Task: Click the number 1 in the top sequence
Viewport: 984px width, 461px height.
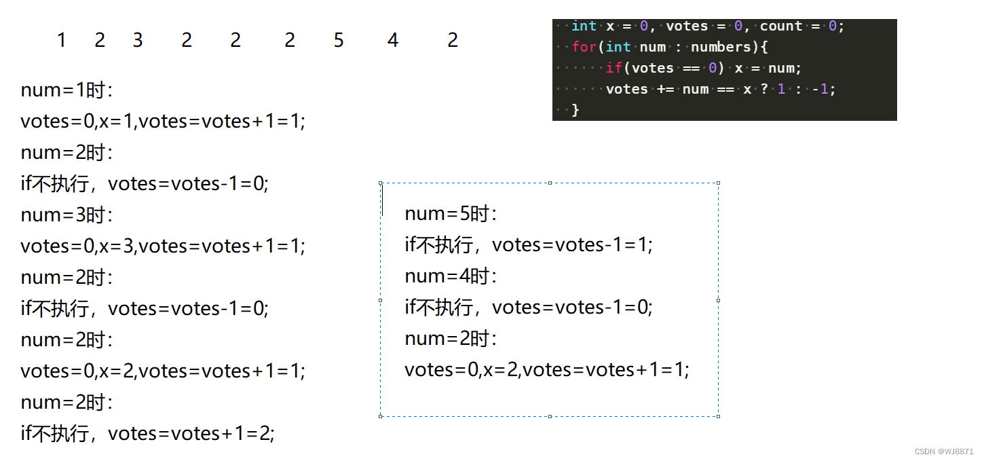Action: click(x=61, y=41)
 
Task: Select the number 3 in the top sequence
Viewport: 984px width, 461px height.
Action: click(x=138, y=41)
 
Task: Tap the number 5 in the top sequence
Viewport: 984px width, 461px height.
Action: click(x=339, y=41)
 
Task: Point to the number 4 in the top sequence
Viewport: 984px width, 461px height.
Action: click(x=393, y=41)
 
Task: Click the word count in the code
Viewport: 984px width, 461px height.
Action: click(x=780, y=26)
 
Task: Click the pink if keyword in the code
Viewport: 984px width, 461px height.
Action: click(x=614, y=68)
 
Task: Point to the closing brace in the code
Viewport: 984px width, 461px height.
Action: click(x=575, y=109)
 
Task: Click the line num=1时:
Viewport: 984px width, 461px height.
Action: click(x=67, y=90)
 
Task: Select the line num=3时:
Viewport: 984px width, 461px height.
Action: click(x=67, y=215)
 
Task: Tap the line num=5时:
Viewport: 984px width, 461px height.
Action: click(x=451, y=214)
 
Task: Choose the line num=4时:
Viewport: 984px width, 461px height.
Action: click(x=451, y=276)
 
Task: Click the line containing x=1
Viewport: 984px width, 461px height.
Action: click(x=163, y=122)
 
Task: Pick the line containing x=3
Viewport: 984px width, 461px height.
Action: click(x=163, y=246)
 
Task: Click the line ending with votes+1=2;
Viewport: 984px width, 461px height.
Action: click(x=147, y=434)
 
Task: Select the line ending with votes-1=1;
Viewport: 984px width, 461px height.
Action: click(x=528, y=245)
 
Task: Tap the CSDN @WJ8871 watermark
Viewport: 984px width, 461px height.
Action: click(x=944, y=451)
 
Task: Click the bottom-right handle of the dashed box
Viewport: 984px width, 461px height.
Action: click(x=718, y=416)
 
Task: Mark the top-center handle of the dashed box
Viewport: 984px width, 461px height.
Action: click(x=549, y=183)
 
